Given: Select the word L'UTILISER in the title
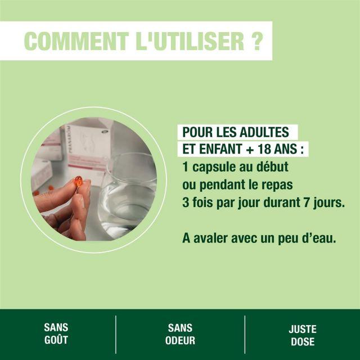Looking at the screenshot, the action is tap(190, 41).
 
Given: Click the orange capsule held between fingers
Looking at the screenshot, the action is tap(79, 181).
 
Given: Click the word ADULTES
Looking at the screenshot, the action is tap(264, 132).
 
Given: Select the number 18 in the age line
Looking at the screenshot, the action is tap(264, 149).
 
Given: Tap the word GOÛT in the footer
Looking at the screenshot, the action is tap(56, 339).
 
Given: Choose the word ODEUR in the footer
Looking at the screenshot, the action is tap(180, 340).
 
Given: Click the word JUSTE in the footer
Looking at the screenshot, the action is tap(303, 329).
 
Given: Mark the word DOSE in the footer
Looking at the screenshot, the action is tap(303, 341).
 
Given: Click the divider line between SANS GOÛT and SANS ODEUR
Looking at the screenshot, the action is tap(116, 335).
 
